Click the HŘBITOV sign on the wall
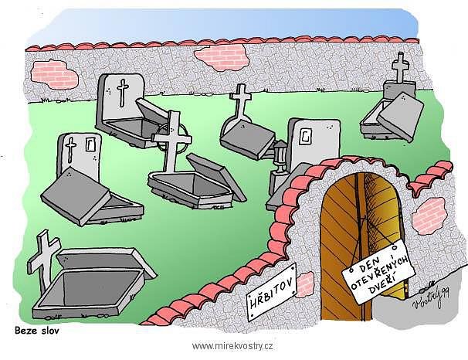pyautogui.click(x=271, y=292)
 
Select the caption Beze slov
pyautogui.click(x=37, y=331)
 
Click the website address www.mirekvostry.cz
pyautogui.click(x=232, y=346)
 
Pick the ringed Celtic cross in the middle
pyautogui.click(x=172, y=141)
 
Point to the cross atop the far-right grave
pyautogui.click(x=399, y=67)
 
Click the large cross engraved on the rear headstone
pyautogui.click(x=123, y=93)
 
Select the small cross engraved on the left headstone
pyautogui.click(x=71, y=150)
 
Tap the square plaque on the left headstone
pyautogui.click(x=90, y=144)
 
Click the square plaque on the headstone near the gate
pyautogui.click(x=306, y=137)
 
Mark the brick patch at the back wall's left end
pyautogui.click(x=54, y=74)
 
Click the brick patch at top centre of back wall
pyautogui.click(x=222, y=57)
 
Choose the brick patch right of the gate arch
pyautogui.click(x=429, y=216)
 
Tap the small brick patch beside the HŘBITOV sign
pyautogui.click(x=304, y=284)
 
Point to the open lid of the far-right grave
pyautogui.click(x=401, y=117)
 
